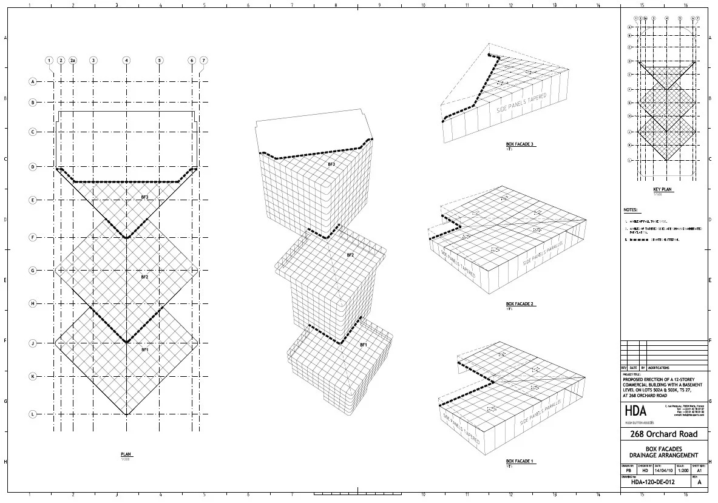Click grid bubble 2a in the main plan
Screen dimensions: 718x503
(73, 61)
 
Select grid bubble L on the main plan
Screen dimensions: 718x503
(33, 414)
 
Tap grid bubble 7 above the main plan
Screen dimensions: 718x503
(203, 61)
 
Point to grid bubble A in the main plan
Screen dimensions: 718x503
(33, 81)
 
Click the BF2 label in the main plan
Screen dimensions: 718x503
(144, 277)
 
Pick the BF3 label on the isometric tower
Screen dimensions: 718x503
(331, 164)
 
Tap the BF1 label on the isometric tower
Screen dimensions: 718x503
(364, 345)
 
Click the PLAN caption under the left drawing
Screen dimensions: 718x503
(126, 454)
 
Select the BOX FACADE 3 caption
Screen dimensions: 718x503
(520, 144)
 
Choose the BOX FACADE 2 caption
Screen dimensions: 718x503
(520, 304)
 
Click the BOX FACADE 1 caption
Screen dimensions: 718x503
(520, 462)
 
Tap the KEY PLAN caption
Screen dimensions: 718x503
(663, 189)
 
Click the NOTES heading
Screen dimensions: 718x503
(631, 210)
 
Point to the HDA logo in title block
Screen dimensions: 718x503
(635, 411)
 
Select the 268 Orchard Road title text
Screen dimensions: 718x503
(664, 434)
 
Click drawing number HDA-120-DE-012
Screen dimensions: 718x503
(653, 482)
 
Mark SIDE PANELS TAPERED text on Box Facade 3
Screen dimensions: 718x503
(522, 104)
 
